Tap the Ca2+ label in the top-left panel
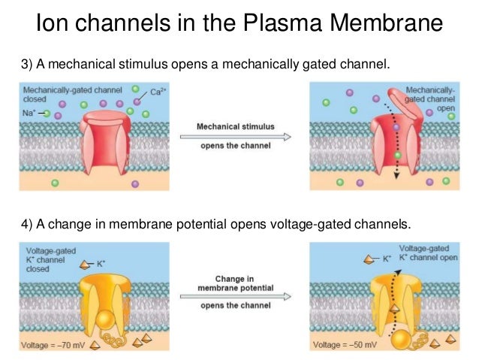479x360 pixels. click(156, 93)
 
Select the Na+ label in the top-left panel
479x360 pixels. click(31, 113)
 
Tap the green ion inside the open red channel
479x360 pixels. click(396, 154)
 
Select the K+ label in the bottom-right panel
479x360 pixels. click(387, 258)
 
